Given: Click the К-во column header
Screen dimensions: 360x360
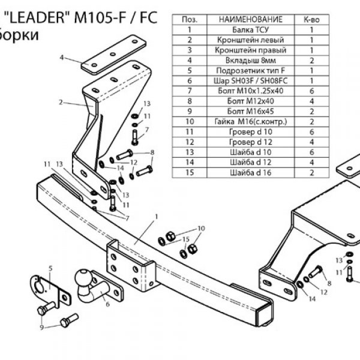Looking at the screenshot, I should (x=312, y=20).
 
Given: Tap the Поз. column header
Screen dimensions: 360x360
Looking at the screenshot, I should (x=189, y=20).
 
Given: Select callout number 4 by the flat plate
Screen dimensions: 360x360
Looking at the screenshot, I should (x=62, y=58).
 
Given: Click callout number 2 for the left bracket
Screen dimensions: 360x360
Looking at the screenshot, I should (x=61, y=103).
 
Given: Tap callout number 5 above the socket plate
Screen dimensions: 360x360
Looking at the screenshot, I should (x=50, y=267).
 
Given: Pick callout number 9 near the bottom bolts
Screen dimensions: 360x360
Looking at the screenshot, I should (x=41, y=327).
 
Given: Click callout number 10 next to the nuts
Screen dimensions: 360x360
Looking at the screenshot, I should (x=201, y=228).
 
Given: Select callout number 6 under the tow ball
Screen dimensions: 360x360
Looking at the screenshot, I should (x=108, y=304).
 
